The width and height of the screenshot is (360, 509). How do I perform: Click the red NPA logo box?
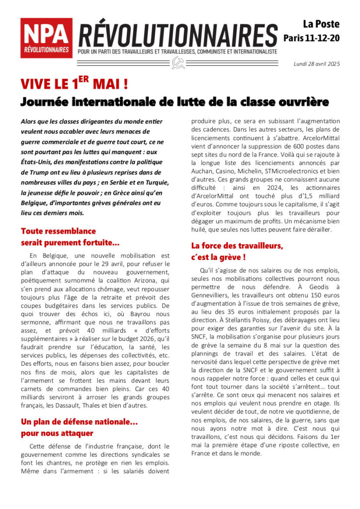click(46, 38)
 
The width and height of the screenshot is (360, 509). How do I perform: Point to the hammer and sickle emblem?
click(178, 63)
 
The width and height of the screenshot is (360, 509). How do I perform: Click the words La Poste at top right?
click(322, 24)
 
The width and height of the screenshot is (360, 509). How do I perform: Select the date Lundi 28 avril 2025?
click(317, 63)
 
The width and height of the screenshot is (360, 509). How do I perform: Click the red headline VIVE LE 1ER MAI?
click(74, 83)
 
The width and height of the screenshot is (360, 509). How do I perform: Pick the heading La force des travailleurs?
click(237, 251)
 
